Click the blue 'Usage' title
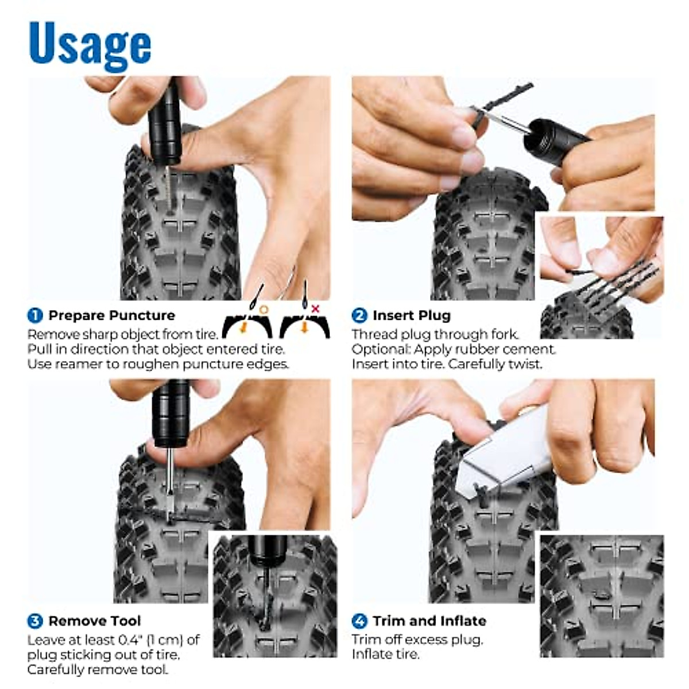pyautogui.click(x=90, y=44)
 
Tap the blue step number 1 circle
pyautogui.click(x=35, y=315)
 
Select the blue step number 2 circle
pyautogui.click(x=359, y=315)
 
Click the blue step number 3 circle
pyautogui.click(x=35, y=621)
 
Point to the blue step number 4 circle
pyautogui.click(x=359, y=621)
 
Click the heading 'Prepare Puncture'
pyautogui.click(x=111, y=315)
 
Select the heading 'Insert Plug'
pyautogui.click(x=411, y=315)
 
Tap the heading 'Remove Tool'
pyautogui.click(x=95, y=621)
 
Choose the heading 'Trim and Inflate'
pyautogui.click(x=429, y=621)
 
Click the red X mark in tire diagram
pyautogui.click(x=315, y=309)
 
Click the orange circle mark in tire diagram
pyautogui.click(x=264, y=309)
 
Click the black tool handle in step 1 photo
pyautogui.click(x=165, y=123)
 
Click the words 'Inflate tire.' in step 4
pyautogui.click(x=385, y=654)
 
